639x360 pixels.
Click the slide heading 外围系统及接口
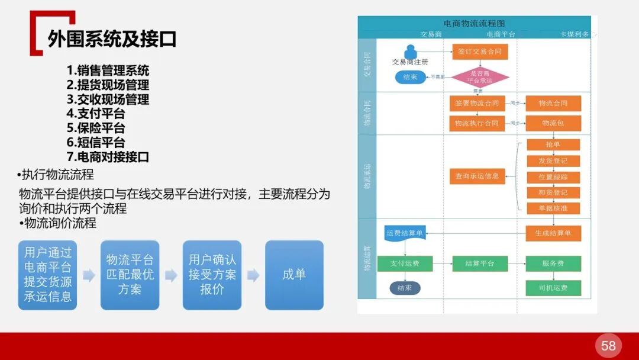112,40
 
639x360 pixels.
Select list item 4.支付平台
96,114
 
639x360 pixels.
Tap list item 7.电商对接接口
108,157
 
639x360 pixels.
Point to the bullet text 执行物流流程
57,175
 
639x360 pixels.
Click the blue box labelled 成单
294,275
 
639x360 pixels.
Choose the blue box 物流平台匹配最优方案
130,275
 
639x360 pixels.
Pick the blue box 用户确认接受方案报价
212,275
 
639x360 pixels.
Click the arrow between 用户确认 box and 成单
253,275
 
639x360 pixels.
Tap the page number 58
608,346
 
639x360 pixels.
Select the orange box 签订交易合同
479,52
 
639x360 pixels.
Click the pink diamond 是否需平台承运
480,76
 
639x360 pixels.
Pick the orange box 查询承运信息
477,176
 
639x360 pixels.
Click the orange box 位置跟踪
554,177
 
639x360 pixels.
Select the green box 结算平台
479,263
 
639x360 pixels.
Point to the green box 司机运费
554,288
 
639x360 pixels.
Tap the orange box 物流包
553,123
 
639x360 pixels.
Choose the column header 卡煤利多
575,34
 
